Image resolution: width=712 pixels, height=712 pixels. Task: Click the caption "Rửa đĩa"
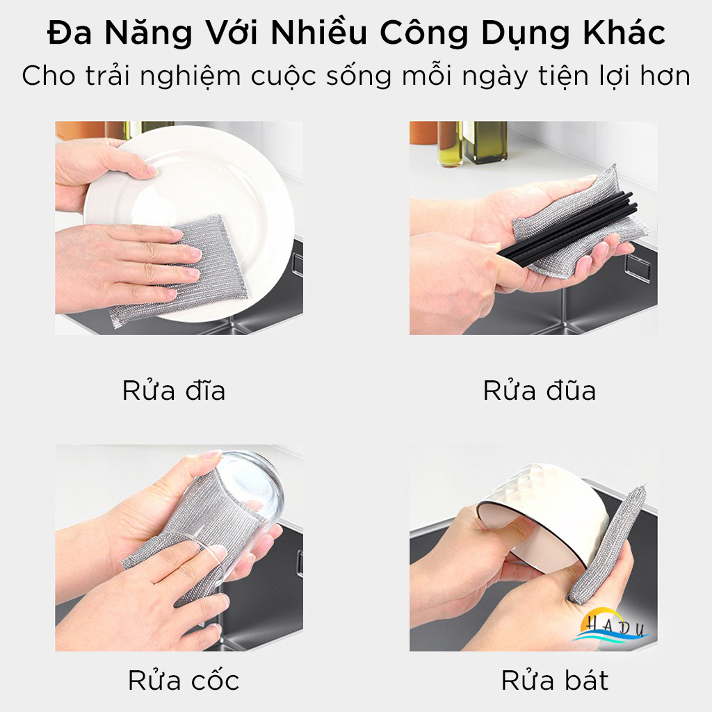tap(174, 391)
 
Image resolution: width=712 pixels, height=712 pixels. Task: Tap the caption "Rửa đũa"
tap(540, 391)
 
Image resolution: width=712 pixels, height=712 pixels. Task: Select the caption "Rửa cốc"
tap(184, 680)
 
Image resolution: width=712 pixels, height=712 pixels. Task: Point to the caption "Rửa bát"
tap(554, 680)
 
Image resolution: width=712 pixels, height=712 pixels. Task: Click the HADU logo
tap(614, 626)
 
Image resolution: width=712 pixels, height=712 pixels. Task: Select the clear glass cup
tap(243, 487)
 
